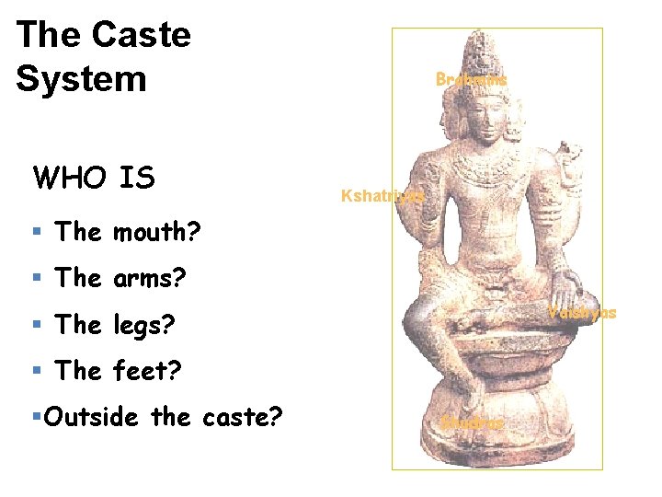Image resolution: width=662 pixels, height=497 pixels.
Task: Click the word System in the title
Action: [81, 78]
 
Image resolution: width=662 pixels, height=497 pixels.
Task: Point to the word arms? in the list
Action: [152, 278]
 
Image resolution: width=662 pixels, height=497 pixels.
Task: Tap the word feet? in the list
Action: [147, 371]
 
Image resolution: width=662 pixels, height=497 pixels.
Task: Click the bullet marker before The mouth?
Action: [37, 232]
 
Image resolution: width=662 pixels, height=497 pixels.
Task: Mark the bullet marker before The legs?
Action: [37, 325]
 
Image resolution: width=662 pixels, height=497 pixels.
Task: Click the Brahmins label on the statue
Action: [471, 80]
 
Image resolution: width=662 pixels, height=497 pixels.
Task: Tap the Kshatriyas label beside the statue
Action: [382, 196]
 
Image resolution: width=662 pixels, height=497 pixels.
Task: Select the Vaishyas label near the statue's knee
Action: [582, 313]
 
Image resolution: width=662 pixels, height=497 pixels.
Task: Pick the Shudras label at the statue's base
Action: [473, 423]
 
